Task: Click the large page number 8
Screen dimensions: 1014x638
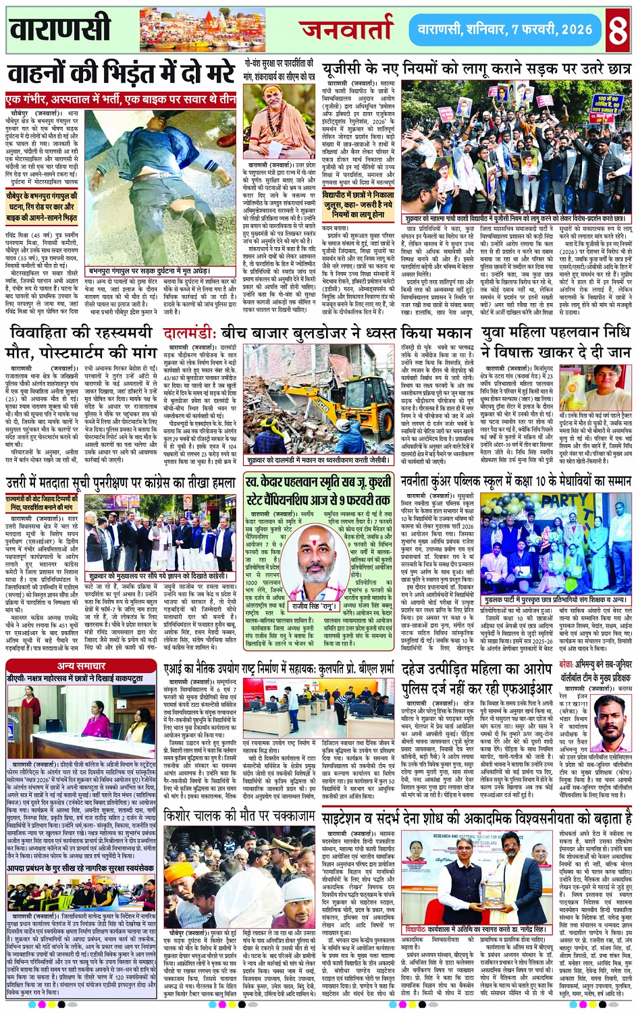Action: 616,30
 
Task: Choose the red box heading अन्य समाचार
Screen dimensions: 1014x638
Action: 81,668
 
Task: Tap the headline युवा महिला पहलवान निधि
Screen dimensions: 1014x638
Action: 556,333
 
